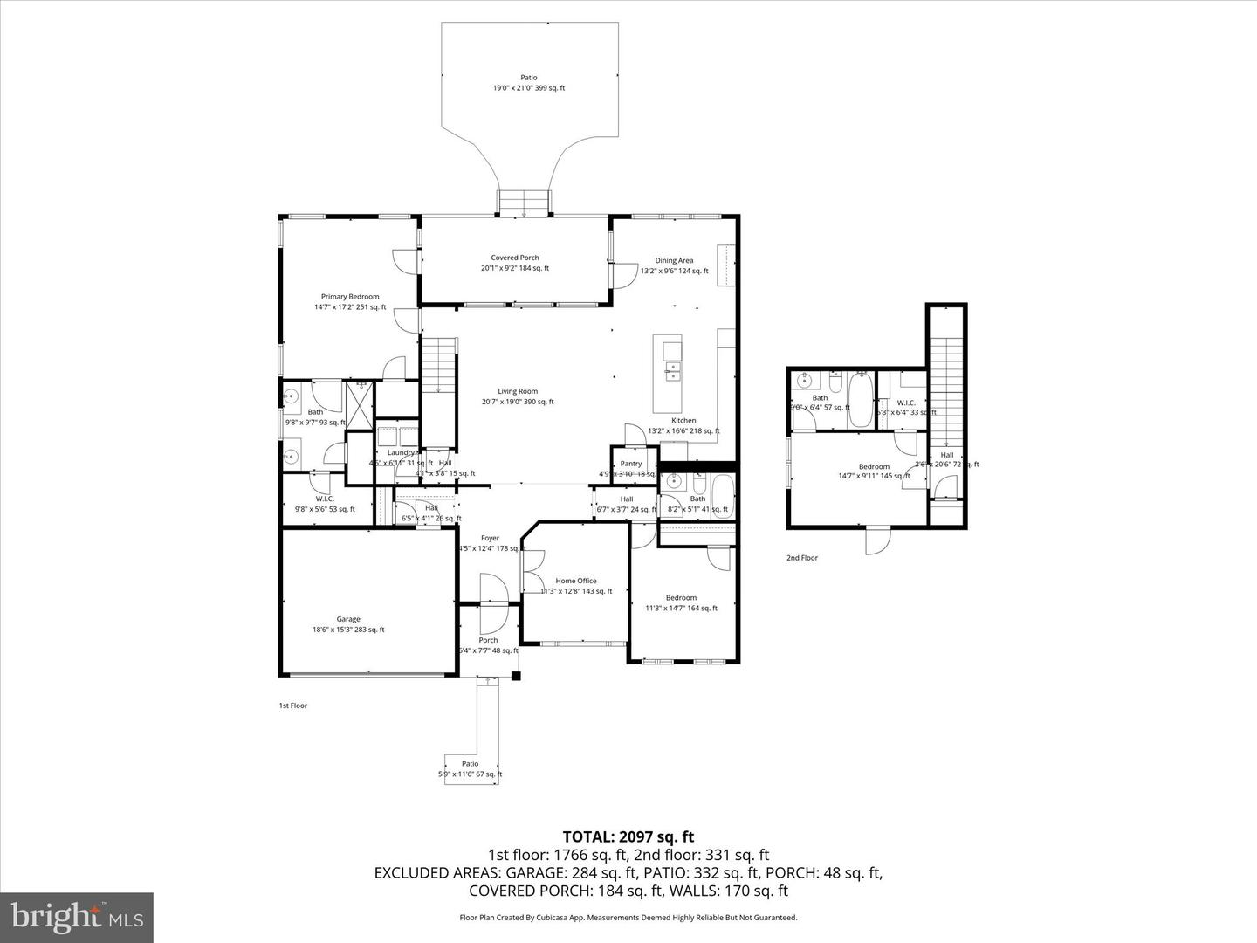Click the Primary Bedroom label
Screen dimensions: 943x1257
(350, 297)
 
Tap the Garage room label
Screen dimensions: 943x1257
(348, 620)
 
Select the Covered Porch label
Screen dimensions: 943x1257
(515, 258)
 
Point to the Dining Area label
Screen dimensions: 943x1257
(674, 260)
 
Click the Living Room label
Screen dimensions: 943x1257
(518, 392)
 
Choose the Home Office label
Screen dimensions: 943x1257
(576, 581)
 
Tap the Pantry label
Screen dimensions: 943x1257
(631, 464)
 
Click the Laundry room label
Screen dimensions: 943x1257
(401, 452)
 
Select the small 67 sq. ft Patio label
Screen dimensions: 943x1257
(471, 764)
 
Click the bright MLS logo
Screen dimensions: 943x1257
(77, 917)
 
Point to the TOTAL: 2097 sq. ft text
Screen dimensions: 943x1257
(628, 837)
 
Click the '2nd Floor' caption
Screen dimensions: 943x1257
(802, 558)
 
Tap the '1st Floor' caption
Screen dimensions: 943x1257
(292, 706)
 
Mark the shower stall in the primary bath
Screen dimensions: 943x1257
(359, 403)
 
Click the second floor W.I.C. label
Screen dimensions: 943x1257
(905, 403)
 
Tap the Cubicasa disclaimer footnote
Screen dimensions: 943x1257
(628, 918)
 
